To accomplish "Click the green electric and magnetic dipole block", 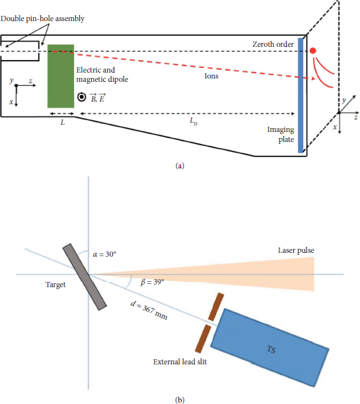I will tap(61, 76).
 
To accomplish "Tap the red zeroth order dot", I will tap(313, 51).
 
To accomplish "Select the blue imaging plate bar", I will tap(302, 96).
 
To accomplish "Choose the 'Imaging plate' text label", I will tap(277, 135).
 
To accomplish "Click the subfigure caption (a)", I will tap(180, 166).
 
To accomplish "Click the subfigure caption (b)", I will tap(180, 399).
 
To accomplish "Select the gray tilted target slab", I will tap(85, 277).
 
